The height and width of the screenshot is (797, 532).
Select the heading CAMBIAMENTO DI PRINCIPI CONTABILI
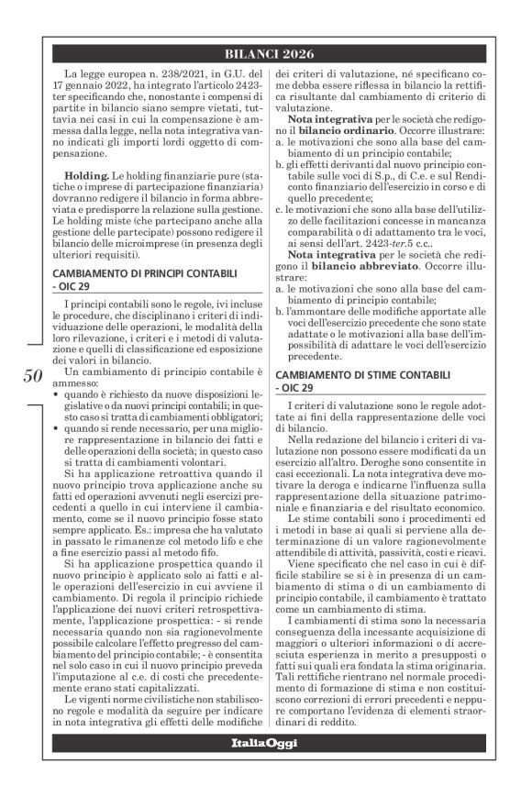141,249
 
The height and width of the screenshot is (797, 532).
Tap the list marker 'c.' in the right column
280,210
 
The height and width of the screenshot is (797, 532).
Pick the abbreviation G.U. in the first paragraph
218,72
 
